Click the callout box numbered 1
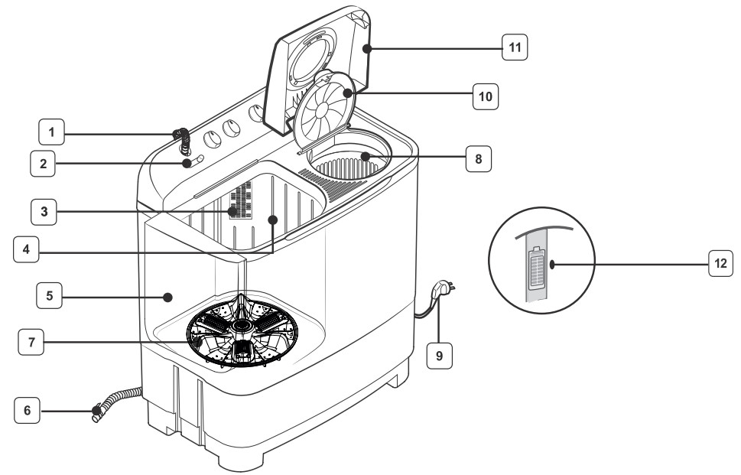click(x=51, y=133)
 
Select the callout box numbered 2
click(x=44, y=162)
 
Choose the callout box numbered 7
click(x=31, y=343)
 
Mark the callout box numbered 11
click(x=515, y=48)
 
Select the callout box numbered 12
click(x=720, y=264)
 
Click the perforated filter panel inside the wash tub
click(x=242, y=201)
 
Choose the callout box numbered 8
click(x=478, y=160)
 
